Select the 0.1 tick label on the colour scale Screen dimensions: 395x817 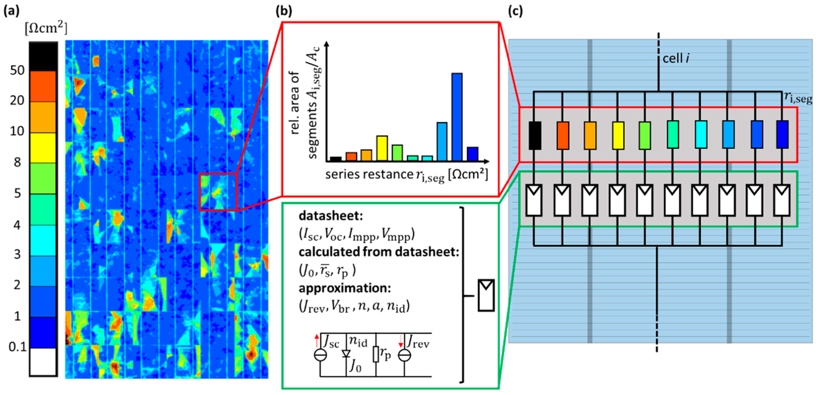(18, 347)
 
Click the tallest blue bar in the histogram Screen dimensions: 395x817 (457, 117)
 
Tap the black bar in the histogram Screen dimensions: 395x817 (336, 159)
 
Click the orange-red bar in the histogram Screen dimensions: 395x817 (351, 157)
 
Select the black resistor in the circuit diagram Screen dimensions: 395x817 (535, 135)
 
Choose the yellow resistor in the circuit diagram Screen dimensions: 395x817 (618, 135)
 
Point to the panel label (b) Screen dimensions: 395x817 (284, 11)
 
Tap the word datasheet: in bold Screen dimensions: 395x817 (331, 216)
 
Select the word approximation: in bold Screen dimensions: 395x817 (345, 288)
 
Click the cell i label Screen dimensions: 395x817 (676, 59)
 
